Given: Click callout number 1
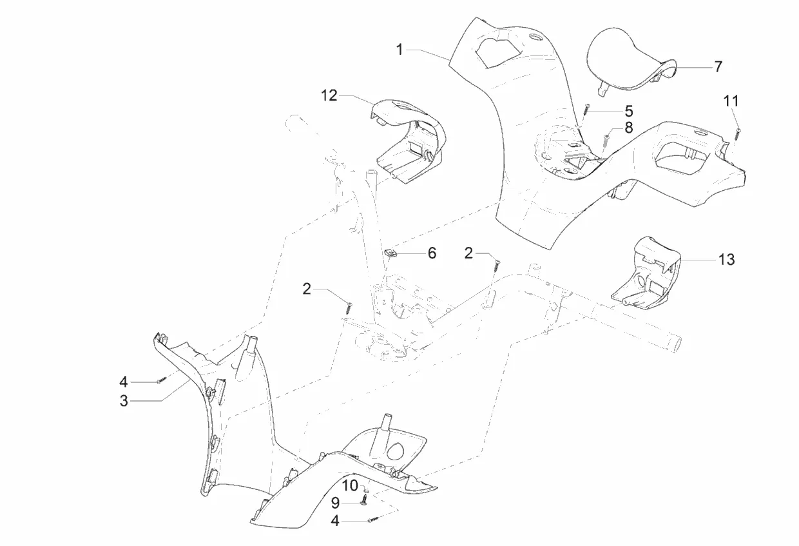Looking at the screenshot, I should tap(400, 49).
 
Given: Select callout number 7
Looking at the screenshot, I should tap(718, 66).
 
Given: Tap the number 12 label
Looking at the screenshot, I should tap(329, 96).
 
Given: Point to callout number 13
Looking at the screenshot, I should tap(726, 259).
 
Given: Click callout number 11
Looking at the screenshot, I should tap(731, 101).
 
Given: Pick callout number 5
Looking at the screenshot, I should tap(628, 111).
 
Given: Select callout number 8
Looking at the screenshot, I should tap(628, 128).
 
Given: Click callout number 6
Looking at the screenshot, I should tap(432, 253).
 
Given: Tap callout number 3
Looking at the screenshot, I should tap(123, 401).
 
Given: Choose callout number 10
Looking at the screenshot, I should tap(350, 485).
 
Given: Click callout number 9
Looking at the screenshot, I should tap(335, 502).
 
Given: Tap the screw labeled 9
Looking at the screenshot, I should tap(363, 501).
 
